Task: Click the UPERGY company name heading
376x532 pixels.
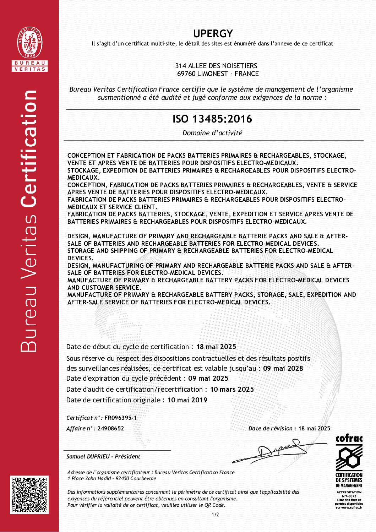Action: pyautogui.click(x=213, y=34)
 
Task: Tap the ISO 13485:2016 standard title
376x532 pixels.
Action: pyautogui.click(x=212, y=119)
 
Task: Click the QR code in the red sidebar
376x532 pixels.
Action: pyautogui.click(x=29, y=495)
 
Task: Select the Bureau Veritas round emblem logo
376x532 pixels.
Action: pyautogui.click(x=30, y=43)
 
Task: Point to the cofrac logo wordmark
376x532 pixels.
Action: pyautogui.click(x=349, y=439)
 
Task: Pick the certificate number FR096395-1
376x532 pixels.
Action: pyautogui.click(x=120, y=418)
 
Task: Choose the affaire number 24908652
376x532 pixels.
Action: pyautogui.click(x=111, y=429)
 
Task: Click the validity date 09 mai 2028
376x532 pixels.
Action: pyautogui.click(x=283, y=369)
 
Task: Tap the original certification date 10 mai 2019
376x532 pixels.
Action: pyautogui.click(x=187, y=400)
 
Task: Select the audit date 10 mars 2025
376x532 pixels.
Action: pyautogui.click(x=232, y=390)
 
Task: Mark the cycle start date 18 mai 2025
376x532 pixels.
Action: pyautogui.click(x=216, y=347)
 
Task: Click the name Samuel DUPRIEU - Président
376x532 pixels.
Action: pyautogui.click(x=103, y=457)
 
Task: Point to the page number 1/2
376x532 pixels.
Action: pyautogui.click(x=215, y=515)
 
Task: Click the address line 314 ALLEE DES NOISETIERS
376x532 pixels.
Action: pyautogui.click(x=216, y=66)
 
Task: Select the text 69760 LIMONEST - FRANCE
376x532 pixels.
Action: pyautogui.click(x=218, y=74)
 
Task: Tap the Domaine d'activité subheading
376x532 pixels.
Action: pyautogui.click(x=212, y=133)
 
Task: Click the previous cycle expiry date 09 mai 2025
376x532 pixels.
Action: pyautogui.click(x=208, y=379)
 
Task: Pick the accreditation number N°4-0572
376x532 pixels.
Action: pyautogui.click(x=349, y=496)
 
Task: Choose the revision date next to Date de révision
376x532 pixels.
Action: pyautogui.click(x=314, y=429)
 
